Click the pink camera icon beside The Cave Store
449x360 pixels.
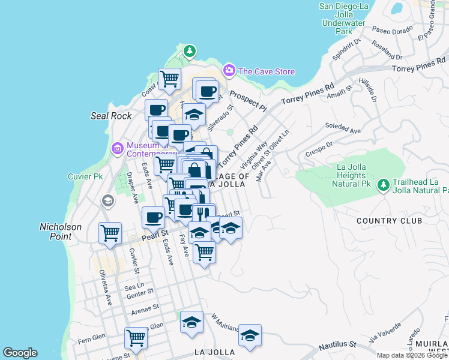(229, 71)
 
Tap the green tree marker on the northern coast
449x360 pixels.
(190, 51)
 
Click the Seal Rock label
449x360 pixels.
(110, 115)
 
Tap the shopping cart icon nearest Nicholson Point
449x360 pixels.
(110, 232)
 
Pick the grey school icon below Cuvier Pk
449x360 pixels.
(108, 200)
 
